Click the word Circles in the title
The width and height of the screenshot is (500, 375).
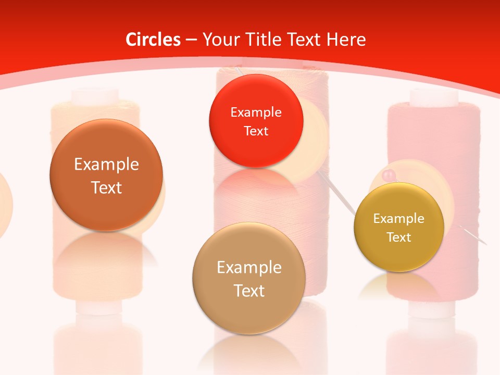pos(153,40)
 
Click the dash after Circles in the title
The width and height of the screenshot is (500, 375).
pos(191,40)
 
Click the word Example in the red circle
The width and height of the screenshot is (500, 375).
pos(256,112)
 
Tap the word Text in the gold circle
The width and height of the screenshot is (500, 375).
pos(399,237)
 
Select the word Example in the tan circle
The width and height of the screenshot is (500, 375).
pos(249,268)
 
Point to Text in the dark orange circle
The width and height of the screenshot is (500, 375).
pos(106,187)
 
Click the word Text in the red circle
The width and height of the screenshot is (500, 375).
pos(256,131)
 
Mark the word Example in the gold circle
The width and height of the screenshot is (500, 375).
pos(399,219)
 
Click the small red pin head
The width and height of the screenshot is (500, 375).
pos(386,176)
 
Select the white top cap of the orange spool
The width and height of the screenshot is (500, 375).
pos(95,97)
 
